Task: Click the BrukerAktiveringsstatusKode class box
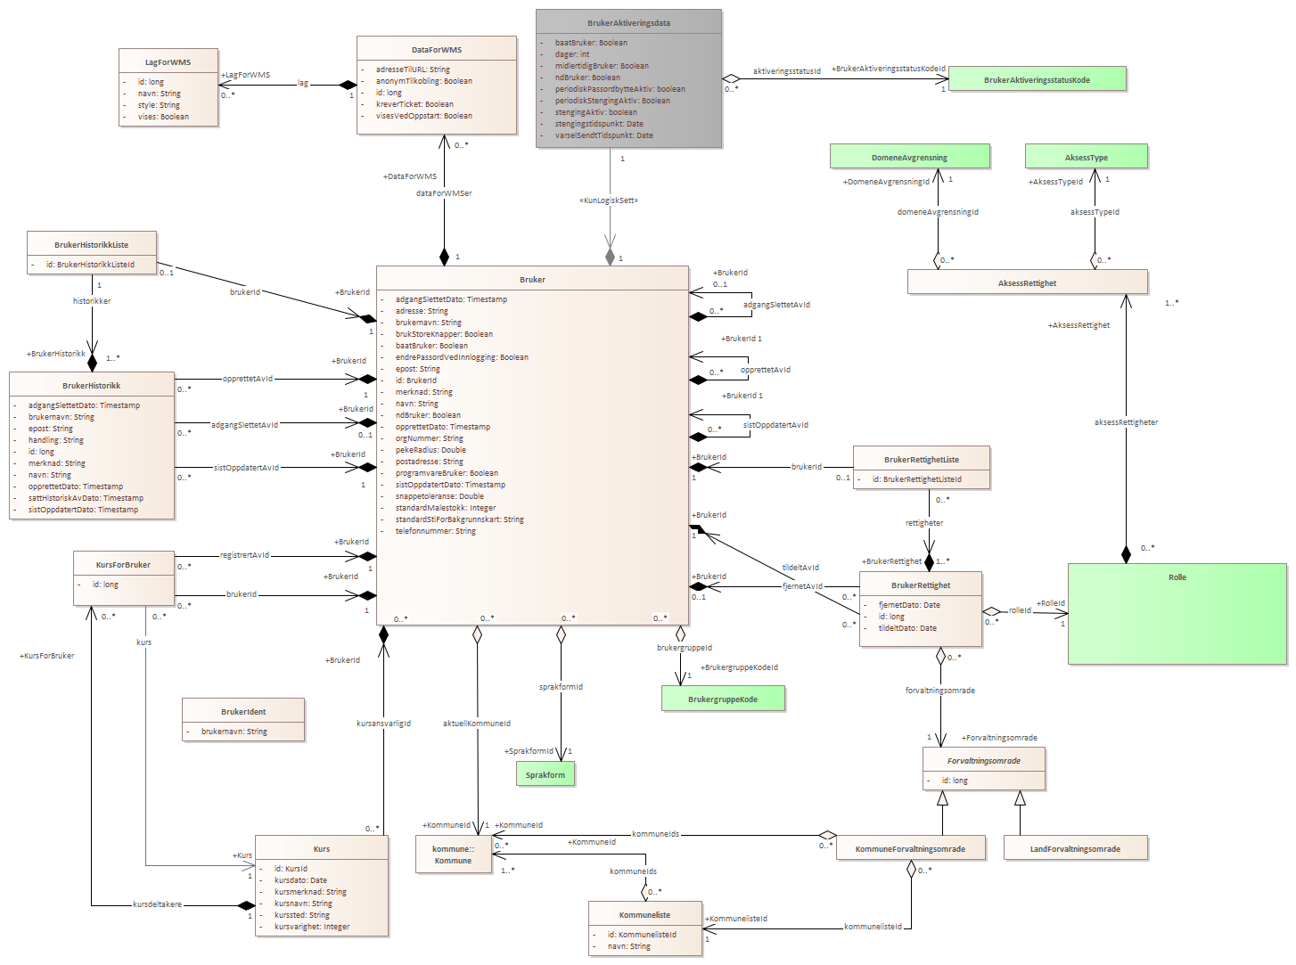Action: click(x=1037, y=79)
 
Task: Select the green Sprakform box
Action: click(x=545, y=774)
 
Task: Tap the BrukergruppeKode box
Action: click(x=723, y=699)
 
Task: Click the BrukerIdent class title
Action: click(x=243, y=712)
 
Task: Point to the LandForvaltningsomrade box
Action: click(x=1075, y=848)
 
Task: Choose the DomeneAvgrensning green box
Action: click(x=909, y=157)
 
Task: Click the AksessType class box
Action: click(x=1086, y=157)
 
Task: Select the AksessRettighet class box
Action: click(x=1027, y=282)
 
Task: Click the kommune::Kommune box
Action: click(x=454, y=855)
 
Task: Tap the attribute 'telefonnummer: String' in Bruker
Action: click(x=435, y=531)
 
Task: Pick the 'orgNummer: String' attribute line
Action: click(x=429, y=438)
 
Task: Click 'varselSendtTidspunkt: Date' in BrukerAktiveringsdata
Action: click(x=603, y=135)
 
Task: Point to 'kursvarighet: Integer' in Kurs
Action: click(x=312, y=927)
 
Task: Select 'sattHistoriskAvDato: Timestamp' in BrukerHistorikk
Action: click(x=86, y=498)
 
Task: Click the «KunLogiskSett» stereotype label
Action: click(x=609, y=200)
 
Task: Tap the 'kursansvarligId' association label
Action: click(x=383, y=724)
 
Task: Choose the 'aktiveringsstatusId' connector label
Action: click(x=786, y=71)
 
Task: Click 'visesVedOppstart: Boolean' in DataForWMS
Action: click(x=423, y=116)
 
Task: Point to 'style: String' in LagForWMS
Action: click(x=159, y=105)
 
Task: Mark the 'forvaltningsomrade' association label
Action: click(x=939, y=691)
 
